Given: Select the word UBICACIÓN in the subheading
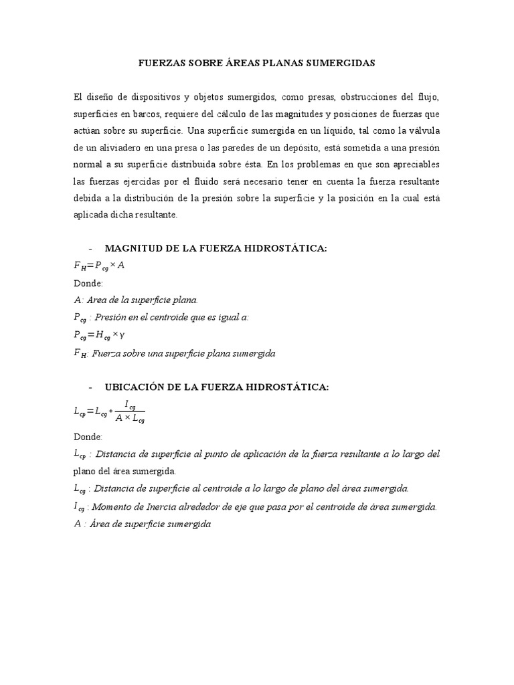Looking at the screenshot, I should coord(134,387).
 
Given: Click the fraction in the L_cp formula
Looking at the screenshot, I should coord(130,412).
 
